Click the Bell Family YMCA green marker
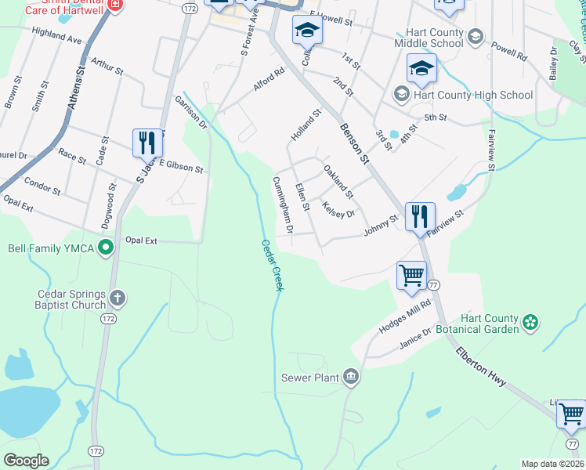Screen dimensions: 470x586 click(x=107, y=249)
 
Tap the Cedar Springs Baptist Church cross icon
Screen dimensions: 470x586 click(x=117, y=298)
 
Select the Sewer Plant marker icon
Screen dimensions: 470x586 click(x=351, y=378)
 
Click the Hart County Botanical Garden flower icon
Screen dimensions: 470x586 click(x=531, y=321)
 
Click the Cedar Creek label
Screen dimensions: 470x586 click(x=271, y=266)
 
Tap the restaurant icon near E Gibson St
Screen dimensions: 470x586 click(x=147, y=143)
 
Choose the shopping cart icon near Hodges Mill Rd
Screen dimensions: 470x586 click(x=411, y=275)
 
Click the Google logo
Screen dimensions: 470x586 click(x=27, y=460)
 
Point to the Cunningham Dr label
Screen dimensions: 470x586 click(x=282, y=205)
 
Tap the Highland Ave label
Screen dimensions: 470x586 click(x=56, y=35)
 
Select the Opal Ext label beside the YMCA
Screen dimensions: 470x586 click(x=143, y=241)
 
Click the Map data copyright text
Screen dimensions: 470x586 click(x=552, y=464)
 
